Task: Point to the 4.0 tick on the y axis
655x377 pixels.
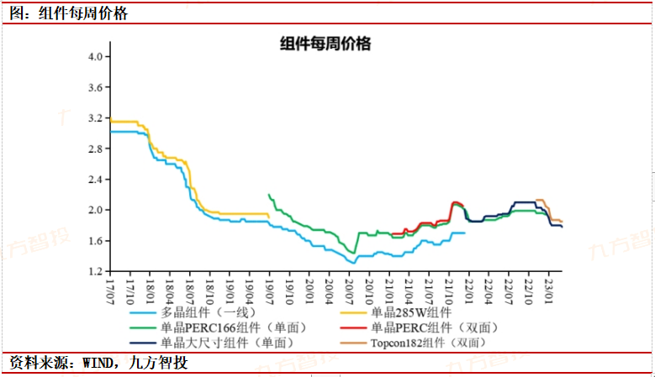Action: tap(95, 56)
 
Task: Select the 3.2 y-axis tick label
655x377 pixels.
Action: tap(95, 118)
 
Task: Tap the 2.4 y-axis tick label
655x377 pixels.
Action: tap(95, 180)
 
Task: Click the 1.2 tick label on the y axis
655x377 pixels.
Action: tap(95, 272)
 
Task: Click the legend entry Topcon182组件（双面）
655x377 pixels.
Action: tap(428, 342)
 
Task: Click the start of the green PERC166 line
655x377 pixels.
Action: tap(268, 195)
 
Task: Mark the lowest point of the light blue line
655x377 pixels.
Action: tap(354, 263)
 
